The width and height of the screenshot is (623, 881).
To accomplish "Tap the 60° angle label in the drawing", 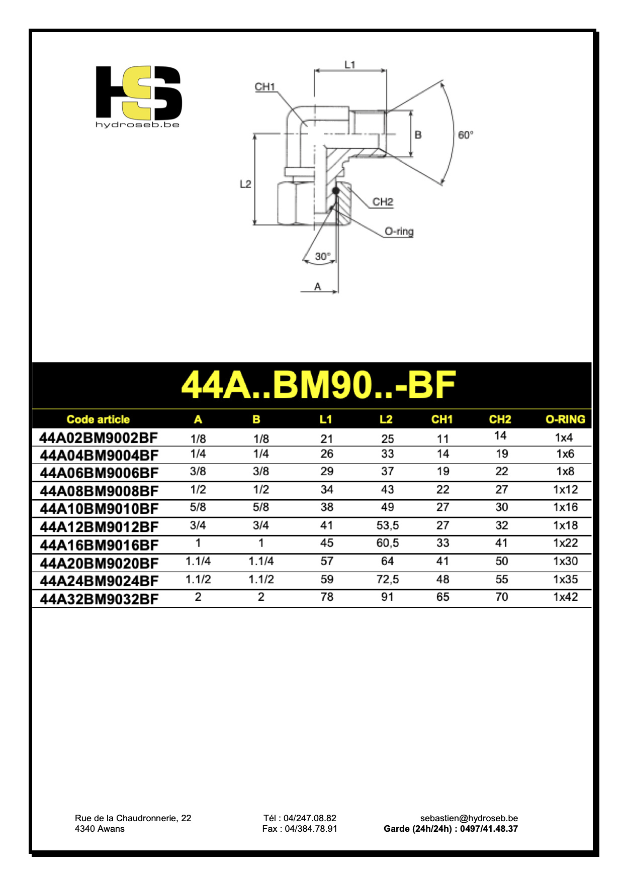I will pos(465,135).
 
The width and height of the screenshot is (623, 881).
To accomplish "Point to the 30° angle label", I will pos(322,256).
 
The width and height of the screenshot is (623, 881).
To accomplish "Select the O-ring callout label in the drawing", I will pos(399,232).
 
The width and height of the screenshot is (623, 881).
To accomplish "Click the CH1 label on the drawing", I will pos(264,86).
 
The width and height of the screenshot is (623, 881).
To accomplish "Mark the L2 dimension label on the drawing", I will pos(245,184).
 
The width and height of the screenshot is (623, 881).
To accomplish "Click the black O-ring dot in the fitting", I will pos(336,190).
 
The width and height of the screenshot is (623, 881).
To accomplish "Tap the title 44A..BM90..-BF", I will pos(318,385).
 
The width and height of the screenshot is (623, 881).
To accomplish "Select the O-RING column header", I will pos(565,419).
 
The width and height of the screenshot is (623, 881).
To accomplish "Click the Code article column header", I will pos(98,419).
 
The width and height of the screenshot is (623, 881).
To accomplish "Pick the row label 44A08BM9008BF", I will pos(99,491).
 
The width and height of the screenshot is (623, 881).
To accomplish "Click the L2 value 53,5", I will pos(387,525).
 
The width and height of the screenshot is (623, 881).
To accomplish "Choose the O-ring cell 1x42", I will pos(565,597).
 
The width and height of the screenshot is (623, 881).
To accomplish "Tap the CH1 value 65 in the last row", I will pos(442,597).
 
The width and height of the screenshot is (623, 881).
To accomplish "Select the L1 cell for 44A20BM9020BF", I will pos(327,561).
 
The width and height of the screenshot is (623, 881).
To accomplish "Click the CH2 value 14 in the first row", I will pos(500,435).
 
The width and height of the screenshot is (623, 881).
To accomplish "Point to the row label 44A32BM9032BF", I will pos(99,599).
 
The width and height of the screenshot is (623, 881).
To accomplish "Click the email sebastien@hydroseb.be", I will pos(469,818).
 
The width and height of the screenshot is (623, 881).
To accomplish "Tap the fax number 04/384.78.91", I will pos(310,829).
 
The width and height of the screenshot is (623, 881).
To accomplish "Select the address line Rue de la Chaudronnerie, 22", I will pos(133,818).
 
